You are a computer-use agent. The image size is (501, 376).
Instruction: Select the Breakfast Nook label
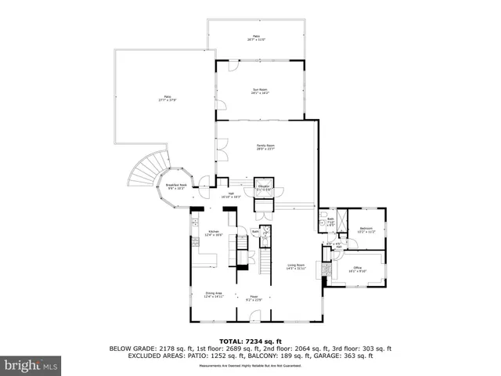(x=175, y=186)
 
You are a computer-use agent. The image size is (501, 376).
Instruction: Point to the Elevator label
(x=264, y=188)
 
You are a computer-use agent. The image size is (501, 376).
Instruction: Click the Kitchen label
(x=214, y=233)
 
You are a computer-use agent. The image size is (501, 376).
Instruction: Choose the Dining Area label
(x=214, y=295)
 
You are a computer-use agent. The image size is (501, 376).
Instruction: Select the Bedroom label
(x=366, y=230)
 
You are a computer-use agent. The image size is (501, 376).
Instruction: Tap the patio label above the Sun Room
(x=256, y=38)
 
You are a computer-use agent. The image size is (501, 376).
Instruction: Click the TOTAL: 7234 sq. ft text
(x=250, y=341)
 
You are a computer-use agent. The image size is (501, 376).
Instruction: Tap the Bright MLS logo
(x=31, y=364)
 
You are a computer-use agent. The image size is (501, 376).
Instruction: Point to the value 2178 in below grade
(x=168, y=349)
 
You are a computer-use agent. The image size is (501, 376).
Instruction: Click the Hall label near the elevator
(x=232, y=196)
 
